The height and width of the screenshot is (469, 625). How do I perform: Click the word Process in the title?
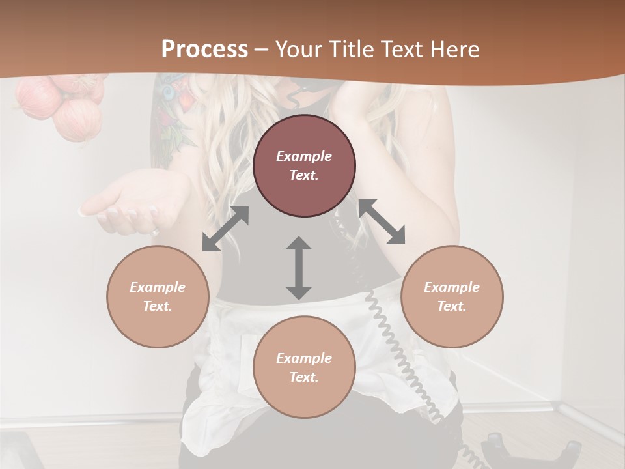204,50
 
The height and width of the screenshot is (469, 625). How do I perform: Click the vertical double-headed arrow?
299,268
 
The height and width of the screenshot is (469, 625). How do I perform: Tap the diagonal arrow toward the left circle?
225,229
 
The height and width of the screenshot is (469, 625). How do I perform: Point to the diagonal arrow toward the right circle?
382,221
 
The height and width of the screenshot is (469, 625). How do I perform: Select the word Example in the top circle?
304,156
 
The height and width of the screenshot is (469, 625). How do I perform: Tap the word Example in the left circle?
158,287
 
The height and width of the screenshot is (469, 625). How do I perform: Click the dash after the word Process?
262,50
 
